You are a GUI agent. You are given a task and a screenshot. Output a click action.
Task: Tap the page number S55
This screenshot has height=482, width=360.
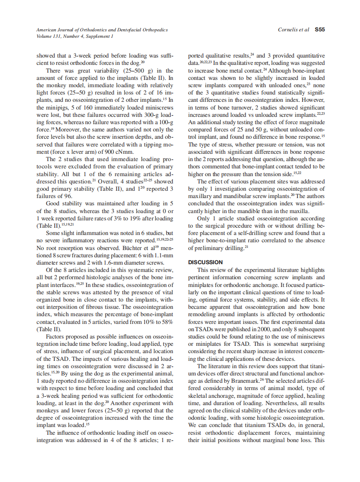(320, 30)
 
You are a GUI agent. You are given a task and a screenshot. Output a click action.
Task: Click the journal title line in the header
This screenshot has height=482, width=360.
(102, 30)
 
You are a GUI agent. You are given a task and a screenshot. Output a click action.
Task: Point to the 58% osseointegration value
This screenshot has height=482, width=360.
(166, 321)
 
